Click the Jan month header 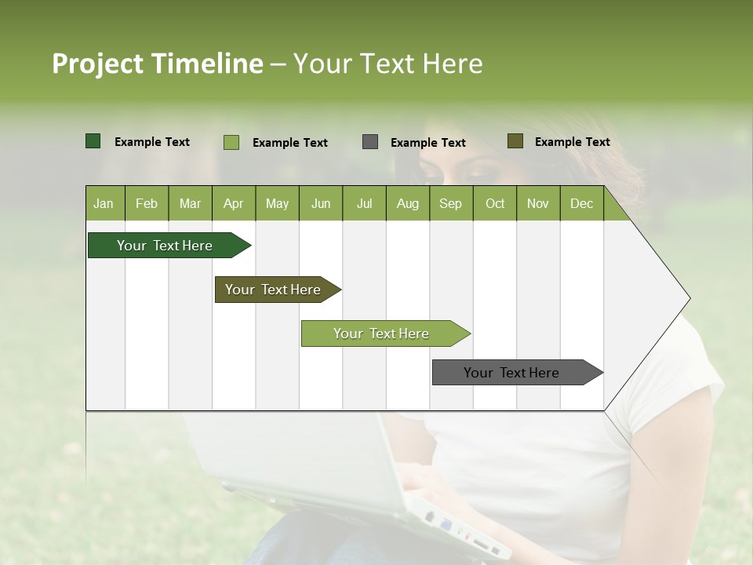click(104, 203)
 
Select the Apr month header click(233, 203)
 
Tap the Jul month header click(364, 203)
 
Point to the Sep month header click(450, 203)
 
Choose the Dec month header click(581, 203)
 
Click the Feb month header click(147, 203)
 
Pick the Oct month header click(495, 203)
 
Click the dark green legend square click(93, 141)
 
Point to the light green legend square click(231, 142)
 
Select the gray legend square click(370, 142)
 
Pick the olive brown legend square click(515, 141)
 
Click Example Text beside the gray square click(427, 142)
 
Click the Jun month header click(321, 203)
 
